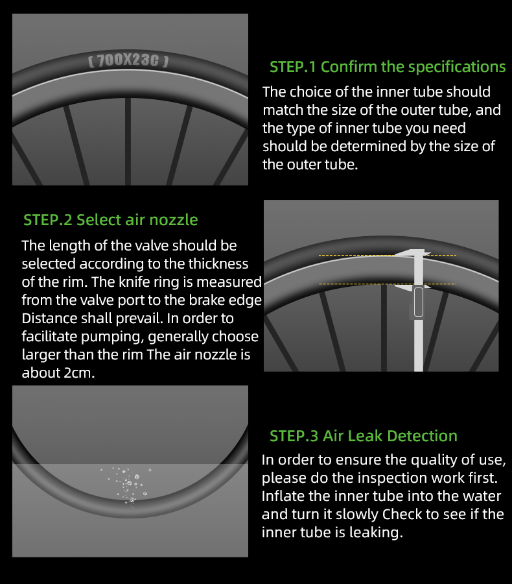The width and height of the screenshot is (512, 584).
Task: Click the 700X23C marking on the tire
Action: (128, 60)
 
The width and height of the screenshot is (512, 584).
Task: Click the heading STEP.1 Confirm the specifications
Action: (388, 67)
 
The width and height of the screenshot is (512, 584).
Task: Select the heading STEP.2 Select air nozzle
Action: (111, 220)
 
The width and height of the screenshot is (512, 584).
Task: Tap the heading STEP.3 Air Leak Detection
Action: (364, 436)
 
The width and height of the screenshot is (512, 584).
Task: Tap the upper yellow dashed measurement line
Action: (388, 256)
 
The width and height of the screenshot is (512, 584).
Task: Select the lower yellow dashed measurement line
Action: (388, 284)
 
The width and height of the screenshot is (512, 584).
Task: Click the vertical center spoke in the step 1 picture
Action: (128, 141)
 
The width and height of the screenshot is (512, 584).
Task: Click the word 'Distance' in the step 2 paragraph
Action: (48, 319)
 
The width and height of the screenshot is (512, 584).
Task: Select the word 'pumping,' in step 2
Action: (112, 337)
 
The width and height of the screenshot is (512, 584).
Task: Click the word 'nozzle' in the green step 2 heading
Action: (174, 220)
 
